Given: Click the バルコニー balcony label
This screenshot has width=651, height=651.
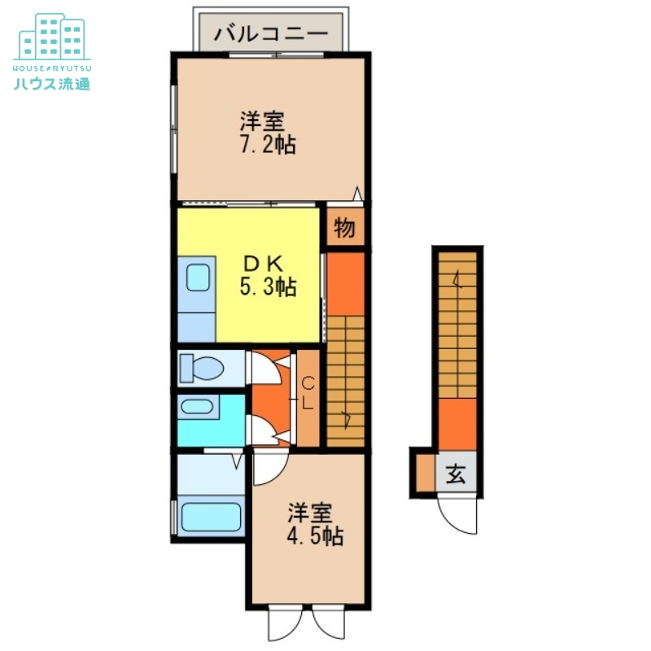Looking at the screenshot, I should click(272, 34).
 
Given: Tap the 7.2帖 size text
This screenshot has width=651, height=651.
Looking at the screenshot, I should click(267, 146).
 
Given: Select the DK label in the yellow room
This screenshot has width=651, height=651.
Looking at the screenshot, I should click(263, 264).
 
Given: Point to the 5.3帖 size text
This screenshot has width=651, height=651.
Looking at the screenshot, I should click(267, 286).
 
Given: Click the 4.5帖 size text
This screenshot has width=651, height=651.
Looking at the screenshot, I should click(314, 536).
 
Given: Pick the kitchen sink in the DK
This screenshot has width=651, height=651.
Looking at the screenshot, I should click(198, 277).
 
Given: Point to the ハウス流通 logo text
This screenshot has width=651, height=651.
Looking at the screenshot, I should click(52, 81).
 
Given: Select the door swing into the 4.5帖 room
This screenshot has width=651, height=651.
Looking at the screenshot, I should click(269, 468).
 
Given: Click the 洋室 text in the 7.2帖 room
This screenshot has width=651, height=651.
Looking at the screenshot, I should click(261, 123).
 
